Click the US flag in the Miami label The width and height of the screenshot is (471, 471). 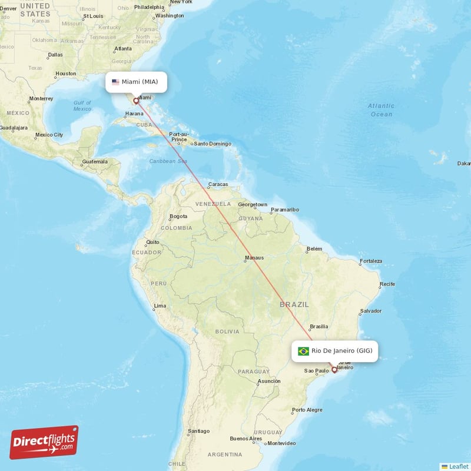(x=115, y=82)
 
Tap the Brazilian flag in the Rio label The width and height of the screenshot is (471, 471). (x=303, y=351)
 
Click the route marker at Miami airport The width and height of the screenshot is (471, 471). (x=136, y=101)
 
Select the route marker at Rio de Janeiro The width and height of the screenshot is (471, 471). (x=334, y=370)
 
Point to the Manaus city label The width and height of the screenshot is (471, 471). (x=254, y=257)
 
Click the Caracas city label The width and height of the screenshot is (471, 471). (x=218, y=184)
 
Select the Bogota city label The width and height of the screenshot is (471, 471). (x=178, y=216)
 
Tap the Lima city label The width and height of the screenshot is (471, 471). (x=159, y=306)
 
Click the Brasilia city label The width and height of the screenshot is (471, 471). (x=319, y=326)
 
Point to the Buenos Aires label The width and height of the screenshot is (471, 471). (x=246, y=439)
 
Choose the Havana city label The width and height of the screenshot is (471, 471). (x=134, y=114)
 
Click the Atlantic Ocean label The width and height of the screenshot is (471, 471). (x=381, y=110)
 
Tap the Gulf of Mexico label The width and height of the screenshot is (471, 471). (x=82, y=105)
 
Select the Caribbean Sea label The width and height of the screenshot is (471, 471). (x=168, y=161)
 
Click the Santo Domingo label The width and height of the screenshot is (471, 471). (x=213, y=144)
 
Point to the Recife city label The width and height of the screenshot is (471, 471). (x=387, y=284)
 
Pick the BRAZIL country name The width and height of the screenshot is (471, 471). (x=294, y=304)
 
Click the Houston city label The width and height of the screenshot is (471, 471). (x=65, y=74)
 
